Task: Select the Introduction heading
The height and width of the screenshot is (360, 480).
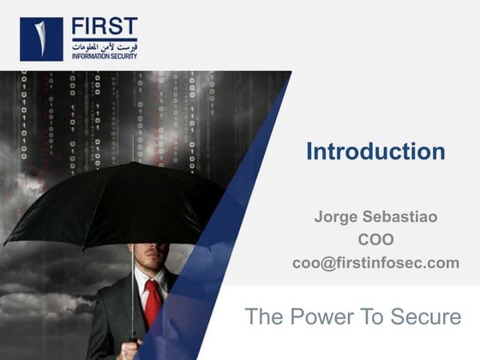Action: [375, 152]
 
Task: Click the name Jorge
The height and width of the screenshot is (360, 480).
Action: [336, 217]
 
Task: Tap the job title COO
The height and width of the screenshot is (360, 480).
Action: [375, 240]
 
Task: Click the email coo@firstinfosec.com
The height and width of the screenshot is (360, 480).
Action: [375, 263]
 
